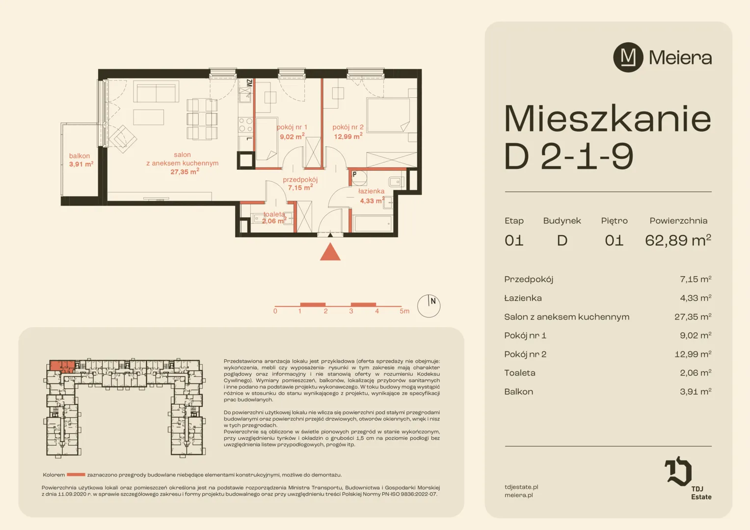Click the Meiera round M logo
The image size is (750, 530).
pos(628,57)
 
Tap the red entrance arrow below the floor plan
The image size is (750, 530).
pos(330,252)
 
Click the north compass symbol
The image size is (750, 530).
pos(429,306)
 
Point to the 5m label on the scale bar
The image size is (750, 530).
pos(404,311)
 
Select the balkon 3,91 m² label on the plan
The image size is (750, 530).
pos(80,160)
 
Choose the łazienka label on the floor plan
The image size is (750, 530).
pos(371,191)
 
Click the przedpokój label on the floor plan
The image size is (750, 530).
pos(300,180)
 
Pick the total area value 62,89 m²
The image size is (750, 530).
pos(678,240)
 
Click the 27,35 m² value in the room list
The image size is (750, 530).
pos(693,317)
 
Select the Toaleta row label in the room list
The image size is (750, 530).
pos(520,372)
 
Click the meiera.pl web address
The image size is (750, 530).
pos(519,495)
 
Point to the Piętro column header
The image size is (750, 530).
pos(614,221)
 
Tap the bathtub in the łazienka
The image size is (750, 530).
pos(373,224)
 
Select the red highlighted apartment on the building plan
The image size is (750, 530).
pos(62,366)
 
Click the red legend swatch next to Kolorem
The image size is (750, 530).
pos(76,475)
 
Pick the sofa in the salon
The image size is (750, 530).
pos(156,91)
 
